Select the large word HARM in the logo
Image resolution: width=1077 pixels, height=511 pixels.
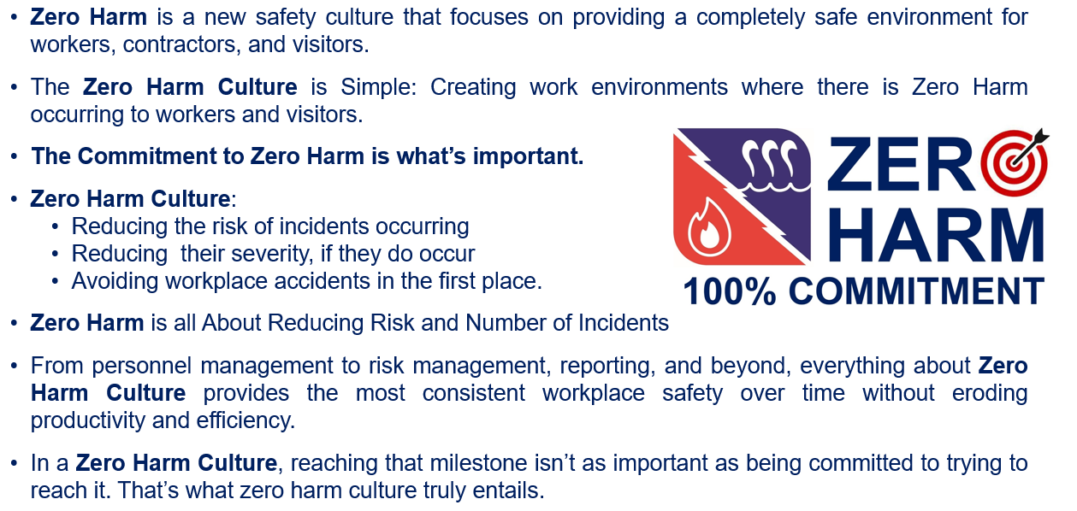click(x=936, y=235)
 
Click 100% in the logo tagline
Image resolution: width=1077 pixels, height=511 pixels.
click(x=730, y=291)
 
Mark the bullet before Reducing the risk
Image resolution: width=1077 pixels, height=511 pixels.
click(x=56, y=226)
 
